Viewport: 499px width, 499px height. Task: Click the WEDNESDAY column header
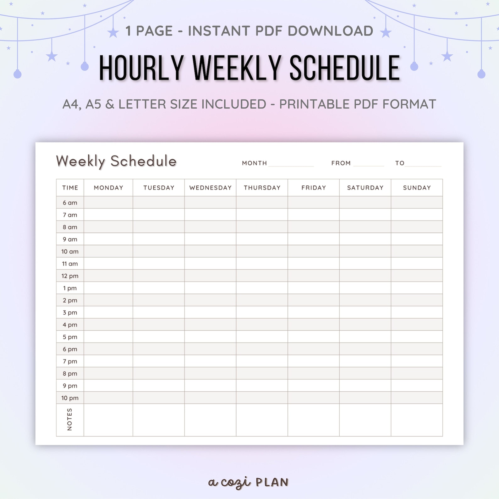tap(210, 188)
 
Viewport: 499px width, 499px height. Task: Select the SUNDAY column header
tap(417, 188)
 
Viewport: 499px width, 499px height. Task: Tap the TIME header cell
tap(70, 188)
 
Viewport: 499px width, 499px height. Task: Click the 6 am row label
tap(70, 203)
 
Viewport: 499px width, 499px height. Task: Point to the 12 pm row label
tap(70, 276)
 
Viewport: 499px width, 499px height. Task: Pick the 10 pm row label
tap(70, 398)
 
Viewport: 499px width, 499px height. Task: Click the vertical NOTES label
tap(70, 419)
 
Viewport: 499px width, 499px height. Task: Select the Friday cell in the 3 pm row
tap(313, 312)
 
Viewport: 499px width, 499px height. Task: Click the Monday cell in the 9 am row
tap(108, 239)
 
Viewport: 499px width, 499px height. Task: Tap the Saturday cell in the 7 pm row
tap(365, 361)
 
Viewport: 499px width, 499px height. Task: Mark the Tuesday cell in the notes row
tap(159, 419)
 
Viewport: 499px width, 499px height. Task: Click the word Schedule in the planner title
tap(143, 161)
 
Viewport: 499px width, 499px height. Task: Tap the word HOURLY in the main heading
tap(141, 68)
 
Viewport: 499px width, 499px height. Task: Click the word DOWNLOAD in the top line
tap(330, 31)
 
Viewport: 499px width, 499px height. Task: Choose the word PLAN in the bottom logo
tap(272, 482)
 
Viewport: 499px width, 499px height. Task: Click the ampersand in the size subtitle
tap(110, 104)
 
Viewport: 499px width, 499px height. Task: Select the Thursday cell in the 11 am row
tap(262, 264)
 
